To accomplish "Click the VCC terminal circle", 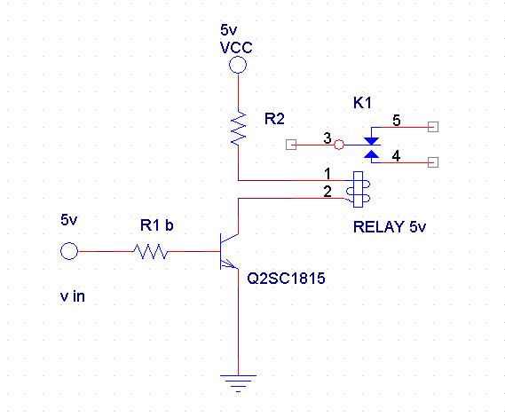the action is tap(238, 65).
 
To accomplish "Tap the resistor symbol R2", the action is tap(239, 128).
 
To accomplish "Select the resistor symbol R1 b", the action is tap(150, 251).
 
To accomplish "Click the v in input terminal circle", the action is tap(69, 251).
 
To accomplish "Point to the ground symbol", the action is tap(239, 383).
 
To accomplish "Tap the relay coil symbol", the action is tap(359, 189).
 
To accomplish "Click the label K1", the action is tap(362, 103).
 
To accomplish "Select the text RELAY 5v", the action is tap(390, 227).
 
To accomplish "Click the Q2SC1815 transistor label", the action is tap(286, 279).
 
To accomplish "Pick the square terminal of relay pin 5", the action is tap(433, 127).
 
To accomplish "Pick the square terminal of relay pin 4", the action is tap(433, 162).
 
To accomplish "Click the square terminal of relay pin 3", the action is tap(291, 145).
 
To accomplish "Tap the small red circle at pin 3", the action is tap(339, 145).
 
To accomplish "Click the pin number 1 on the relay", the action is tap(327, 174).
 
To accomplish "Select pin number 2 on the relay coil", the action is tap(327, 192).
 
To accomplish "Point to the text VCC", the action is tap(236, 48).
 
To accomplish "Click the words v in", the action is tap(73, 296).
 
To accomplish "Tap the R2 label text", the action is tap(274, 119).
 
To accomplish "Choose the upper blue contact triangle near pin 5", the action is tap(371, 141).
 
